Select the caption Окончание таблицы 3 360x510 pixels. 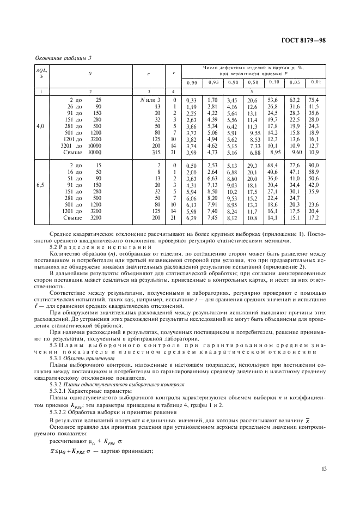pyautogui.click(x=63, y=59)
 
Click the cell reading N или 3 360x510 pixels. pyautogui.click(x=150, y=100)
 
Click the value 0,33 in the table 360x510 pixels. pyautogui.click(x=191, y=101)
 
